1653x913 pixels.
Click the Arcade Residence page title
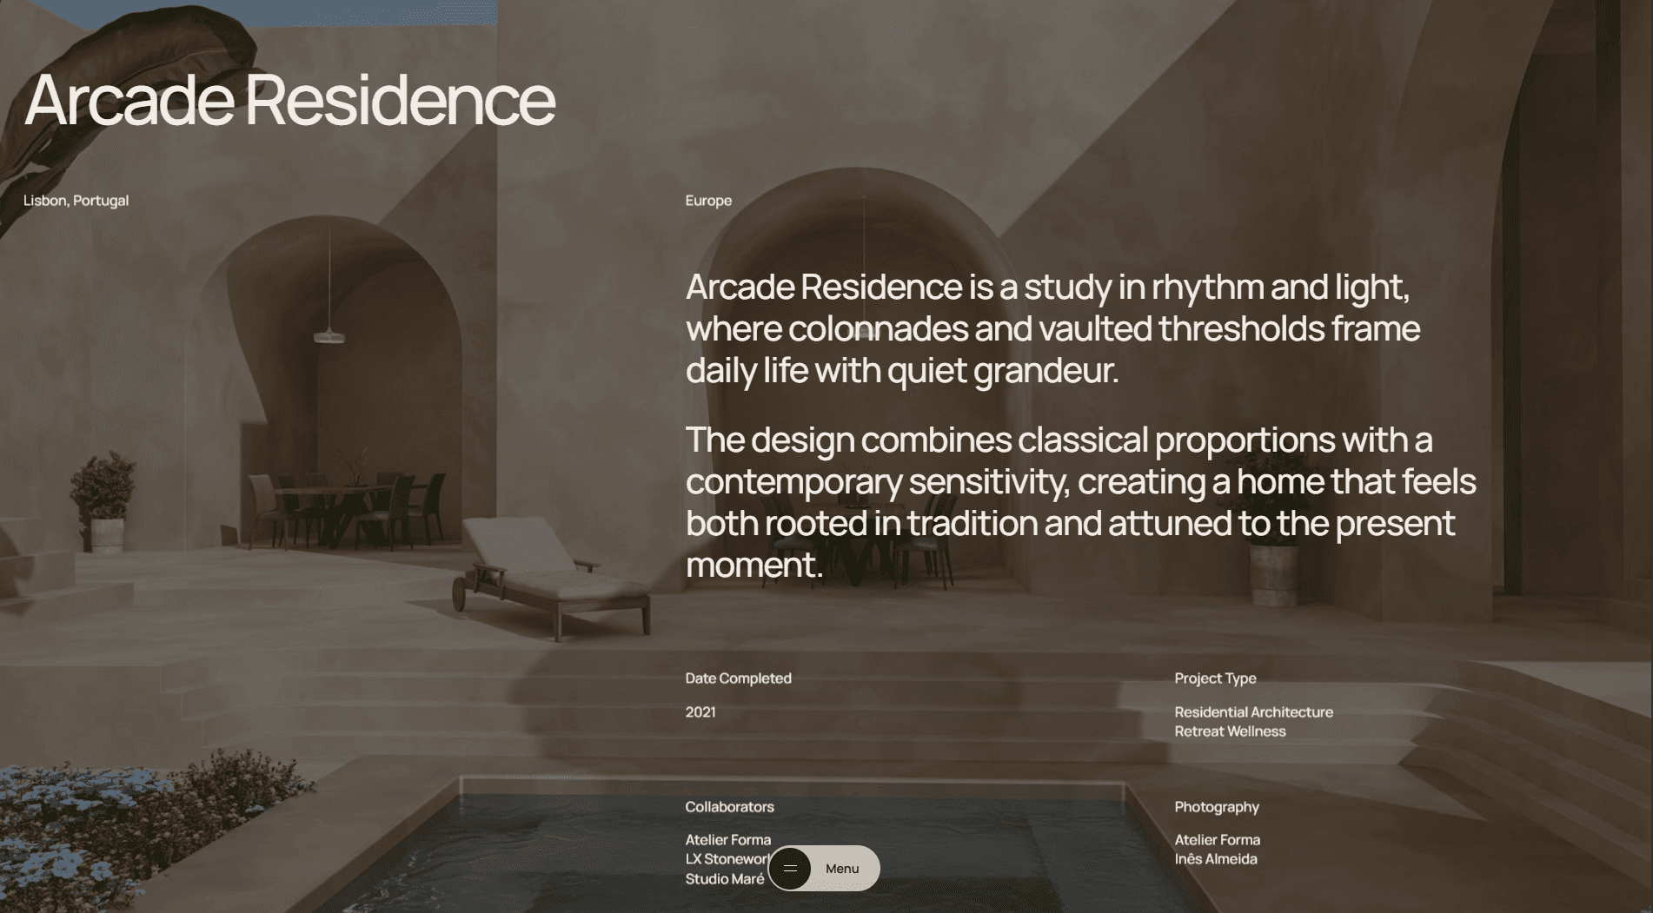click(289, 100)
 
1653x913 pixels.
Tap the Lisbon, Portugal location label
click(76, 201)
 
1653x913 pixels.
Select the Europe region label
click(708, 201)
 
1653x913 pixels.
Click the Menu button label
click(842, 869)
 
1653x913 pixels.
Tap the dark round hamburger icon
click(790, 868)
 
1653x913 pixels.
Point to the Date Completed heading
click(738, 678)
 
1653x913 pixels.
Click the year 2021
click(700, 712)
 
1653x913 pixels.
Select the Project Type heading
click(1215, 678)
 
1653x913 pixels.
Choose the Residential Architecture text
click(1253, 712)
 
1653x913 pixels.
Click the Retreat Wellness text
click(1230, 731)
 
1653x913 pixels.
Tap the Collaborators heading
click(729, 807)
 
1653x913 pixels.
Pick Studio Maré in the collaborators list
click(725, 879)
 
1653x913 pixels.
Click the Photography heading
click(1217, 807)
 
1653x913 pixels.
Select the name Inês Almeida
click(1216, 859)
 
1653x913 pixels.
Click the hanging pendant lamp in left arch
click(329, 335)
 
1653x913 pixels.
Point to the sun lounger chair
click(552, 576)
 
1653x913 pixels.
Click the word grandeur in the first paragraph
click(1046, 371)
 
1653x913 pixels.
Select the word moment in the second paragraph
click(753, 566)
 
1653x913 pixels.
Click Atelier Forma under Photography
click(1217, 840)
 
